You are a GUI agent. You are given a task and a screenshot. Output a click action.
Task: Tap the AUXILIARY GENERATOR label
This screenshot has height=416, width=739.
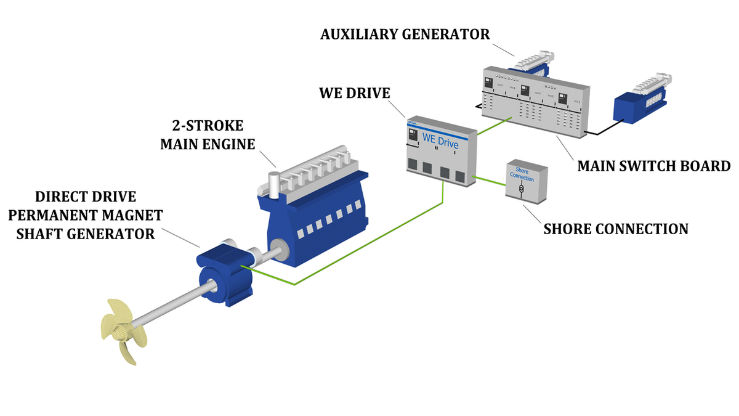(x=405, y=34)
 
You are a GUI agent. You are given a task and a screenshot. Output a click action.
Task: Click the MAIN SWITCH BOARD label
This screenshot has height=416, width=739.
(x=653, y=166)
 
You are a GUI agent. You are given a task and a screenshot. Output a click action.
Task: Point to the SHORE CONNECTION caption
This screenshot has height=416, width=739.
(x=615, y=229)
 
